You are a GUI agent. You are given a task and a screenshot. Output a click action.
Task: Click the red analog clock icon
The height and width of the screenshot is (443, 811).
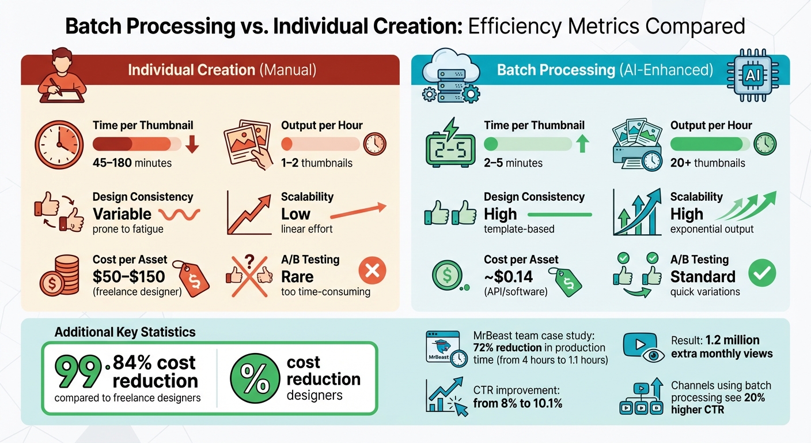tap(59, 144)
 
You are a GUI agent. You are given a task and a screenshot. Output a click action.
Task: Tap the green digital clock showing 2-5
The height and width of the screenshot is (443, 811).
tap(450, 148)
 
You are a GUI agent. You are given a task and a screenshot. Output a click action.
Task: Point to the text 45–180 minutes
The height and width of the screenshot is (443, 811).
tap(132, 163)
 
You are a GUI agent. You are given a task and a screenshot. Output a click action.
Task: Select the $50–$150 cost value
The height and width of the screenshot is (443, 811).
tap(128, 276)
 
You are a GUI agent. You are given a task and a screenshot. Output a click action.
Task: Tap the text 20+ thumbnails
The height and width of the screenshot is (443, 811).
tap(707, 163)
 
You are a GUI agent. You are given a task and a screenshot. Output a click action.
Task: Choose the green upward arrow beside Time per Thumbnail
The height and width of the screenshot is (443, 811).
tap(583, 144)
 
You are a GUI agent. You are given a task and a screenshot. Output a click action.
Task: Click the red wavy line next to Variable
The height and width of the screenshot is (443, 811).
tap(179, 215)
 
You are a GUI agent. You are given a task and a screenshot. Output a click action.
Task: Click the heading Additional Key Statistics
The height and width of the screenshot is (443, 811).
tap(125, 332)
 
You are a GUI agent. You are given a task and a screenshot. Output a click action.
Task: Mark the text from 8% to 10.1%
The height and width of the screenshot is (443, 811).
tap(517, 403)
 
